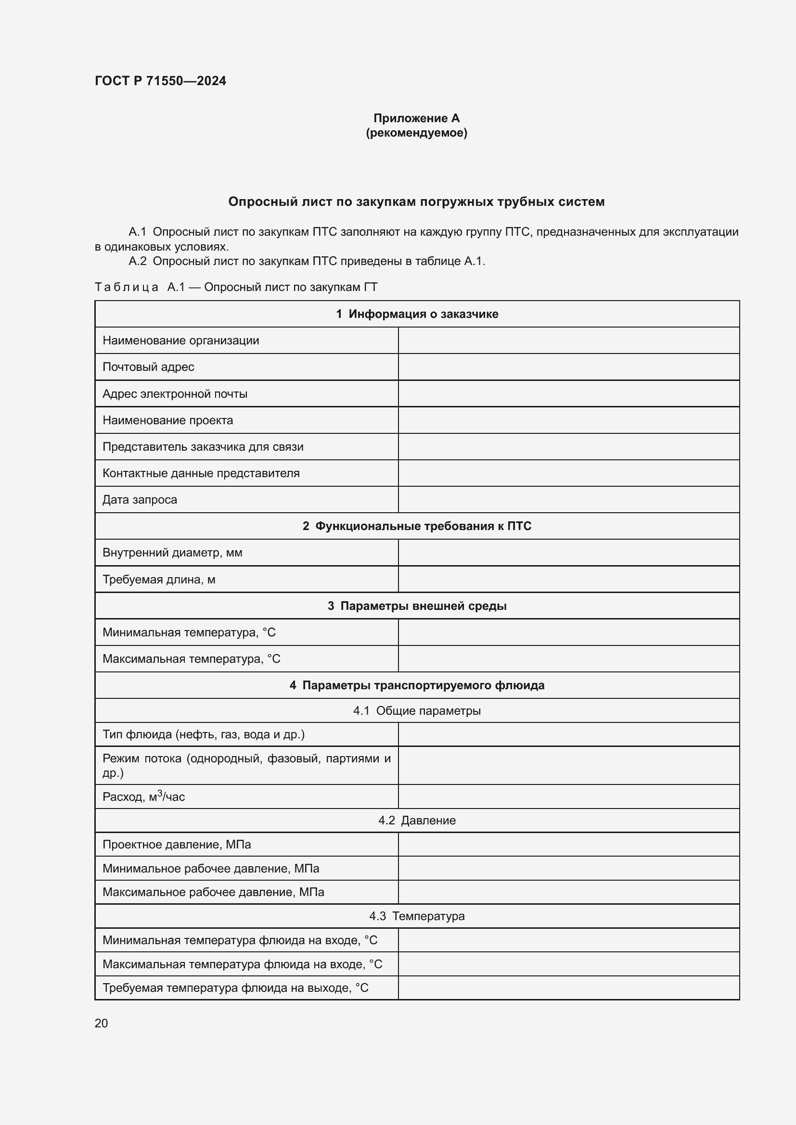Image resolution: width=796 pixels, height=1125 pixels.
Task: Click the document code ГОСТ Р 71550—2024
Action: tap(160, 81)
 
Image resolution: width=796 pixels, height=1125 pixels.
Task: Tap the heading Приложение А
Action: tap(416, 118)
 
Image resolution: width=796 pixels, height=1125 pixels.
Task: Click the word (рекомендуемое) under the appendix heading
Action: tap(416, 133)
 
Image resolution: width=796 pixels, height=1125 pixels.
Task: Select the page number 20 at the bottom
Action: tap(101, 1023)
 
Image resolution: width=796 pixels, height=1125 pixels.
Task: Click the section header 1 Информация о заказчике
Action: tap(417, 314)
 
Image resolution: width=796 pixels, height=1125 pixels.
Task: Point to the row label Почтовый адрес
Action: tap(148, 367)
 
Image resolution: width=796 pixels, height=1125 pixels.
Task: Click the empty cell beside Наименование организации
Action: tap(568, 341)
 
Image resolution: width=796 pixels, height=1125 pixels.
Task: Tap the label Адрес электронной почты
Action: tap(175, 394)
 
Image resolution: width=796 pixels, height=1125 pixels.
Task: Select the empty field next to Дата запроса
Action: tap(568, 500)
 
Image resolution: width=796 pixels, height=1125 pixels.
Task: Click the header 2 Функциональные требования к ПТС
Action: tap(417, 526)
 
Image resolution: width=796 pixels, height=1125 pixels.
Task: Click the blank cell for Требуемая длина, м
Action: tap(568, 580)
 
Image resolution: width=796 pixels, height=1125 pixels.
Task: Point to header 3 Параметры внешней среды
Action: tap(417, 606)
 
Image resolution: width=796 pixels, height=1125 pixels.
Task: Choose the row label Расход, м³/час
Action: tap(143, 797)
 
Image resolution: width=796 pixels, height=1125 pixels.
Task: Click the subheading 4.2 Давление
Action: tap(417, 821)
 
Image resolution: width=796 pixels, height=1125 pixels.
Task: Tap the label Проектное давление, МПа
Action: tap(177, 845)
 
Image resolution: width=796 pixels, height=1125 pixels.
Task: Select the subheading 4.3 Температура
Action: tap(417, 916)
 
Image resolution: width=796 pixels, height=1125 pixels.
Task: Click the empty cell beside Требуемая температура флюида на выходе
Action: tap(568, 988)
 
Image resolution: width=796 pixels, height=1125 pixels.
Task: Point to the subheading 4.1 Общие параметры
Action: tap(417, 711)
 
